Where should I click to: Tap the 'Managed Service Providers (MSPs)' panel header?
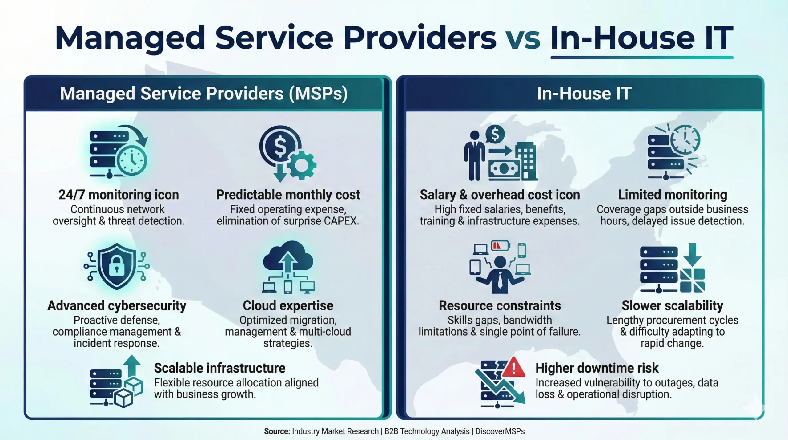click(203, 94)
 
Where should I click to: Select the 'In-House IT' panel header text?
click(584, 94)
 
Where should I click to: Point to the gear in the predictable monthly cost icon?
click(301, 165)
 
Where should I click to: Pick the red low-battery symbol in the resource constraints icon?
click(500, 246)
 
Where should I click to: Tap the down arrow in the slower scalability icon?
click(692, 254)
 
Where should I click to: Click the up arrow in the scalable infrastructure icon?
click(132, 365)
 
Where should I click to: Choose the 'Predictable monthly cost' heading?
click(288, 195)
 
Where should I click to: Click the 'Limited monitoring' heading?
click(672, 195)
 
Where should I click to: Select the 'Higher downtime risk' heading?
click(597, 368)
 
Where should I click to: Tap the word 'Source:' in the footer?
click(277, 431)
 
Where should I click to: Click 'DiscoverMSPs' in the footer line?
click(500, 431)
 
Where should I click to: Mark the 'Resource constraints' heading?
click(500, 306)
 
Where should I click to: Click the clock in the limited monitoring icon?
click(685, 140)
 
